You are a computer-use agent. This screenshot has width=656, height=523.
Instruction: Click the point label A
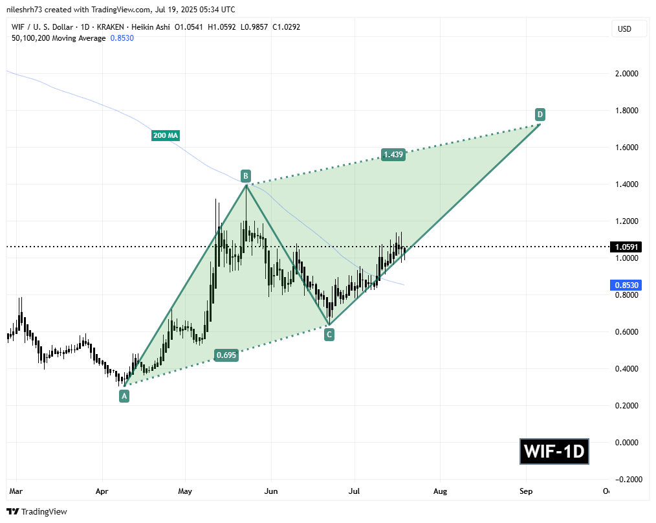click(124, 396)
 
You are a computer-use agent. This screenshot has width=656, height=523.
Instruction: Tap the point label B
click(246, 175)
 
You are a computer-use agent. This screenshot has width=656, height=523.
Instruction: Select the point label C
click(329, 335)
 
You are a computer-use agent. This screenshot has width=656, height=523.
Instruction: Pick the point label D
click(540, 115)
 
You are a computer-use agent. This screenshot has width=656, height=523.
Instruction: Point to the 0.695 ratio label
click(226, 355)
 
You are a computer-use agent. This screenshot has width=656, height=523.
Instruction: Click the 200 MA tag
click(166, 135)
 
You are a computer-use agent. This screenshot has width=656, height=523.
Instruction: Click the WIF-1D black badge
click(554, 451)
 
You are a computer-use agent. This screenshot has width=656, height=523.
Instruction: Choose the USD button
click(624, 29)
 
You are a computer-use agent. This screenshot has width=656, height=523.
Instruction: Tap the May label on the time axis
click(186, 492)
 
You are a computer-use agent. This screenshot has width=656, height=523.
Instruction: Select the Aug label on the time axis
click(440, 492)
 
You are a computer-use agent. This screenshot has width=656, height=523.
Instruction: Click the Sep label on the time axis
click(526, 492)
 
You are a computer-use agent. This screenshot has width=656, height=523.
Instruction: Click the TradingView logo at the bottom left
click(38, 512)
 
